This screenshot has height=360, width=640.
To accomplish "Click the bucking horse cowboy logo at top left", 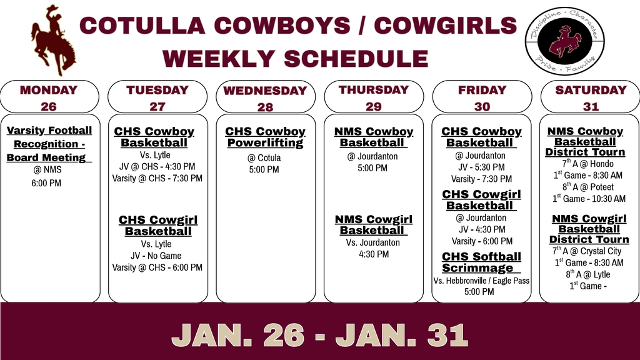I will coord(53,39).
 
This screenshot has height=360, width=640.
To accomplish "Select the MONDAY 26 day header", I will coord(49,97).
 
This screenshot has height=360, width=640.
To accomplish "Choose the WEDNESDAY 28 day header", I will coord(265,98).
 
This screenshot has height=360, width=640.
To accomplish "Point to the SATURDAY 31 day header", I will coord(591,97).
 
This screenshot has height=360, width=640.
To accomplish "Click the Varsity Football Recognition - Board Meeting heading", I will coord(49,144).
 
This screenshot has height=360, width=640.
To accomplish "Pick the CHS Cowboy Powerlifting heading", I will coord(265,137).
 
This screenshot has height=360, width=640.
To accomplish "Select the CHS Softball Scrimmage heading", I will coord(481,262).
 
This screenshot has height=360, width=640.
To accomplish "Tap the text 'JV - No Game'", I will coord(156,256).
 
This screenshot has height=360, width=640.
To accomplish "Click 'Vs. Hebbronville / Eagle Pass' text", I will coord(481,281).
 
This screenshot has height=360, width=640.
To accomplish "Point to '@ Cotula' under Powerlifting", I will coord(265,157).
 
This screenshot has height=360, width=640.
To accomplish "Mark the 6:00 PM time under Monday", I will coord(49,183).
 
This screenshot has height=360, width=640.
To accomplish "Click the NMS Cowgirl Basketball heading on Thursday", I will coord(374,225).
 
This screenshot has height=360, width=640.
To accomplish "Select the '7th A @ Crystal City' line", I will coord(587,251).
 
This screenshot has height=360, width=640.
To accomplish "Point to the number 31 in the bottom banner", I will coord(447,335).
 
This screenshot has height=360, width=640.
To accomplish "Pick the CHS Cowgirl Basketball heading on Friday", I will coord(481,200).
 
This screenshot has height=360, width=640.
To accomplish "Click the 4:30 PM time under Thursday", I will coord(374,254).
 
